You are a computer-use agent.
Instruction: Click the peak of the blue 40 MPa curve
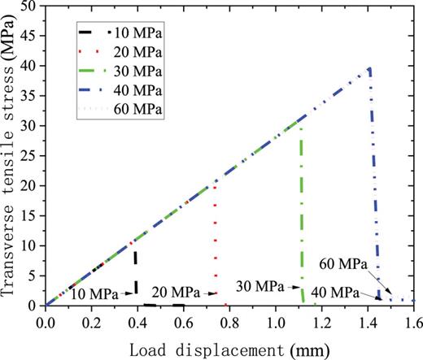[369, 68]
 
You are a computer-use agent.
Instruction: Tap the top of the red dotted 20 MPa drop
[214, 184]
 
